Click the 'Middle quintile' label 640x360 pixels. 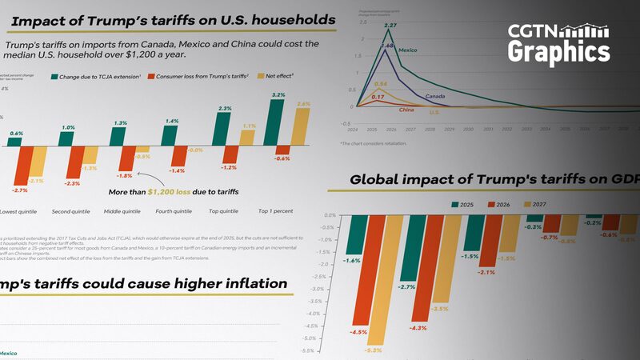[122, 211]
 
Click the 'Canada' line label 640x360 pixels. [435, 97]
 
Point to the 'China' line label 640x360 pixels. [406, 109]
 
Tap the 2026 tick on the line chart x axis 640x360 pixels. [389, 128]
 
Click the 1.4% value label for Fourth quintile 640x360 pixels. [170, 121]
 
